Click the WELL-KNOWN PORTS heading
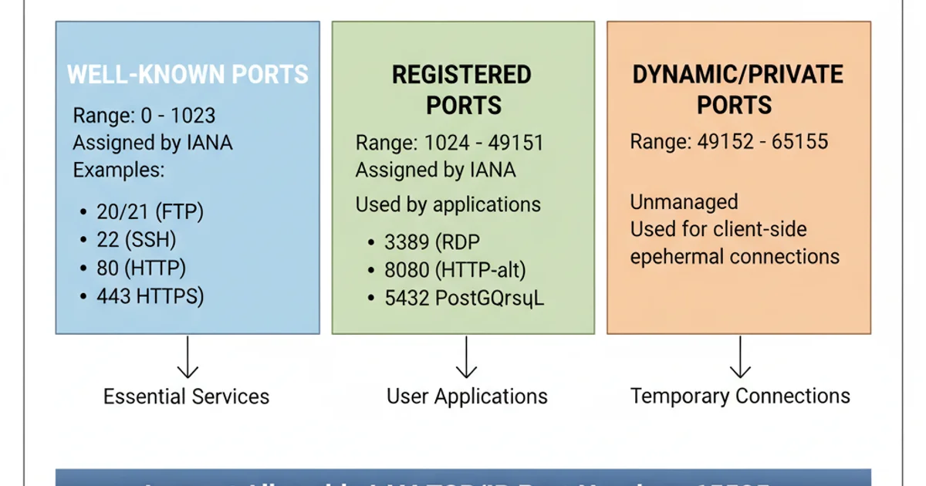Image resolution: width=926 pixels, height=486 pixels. (188, 75)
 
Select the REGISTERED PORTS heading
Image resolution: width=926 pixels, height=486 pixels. (463, 89)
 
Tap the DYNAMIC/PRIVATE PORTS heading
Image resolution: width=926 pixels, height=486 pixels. (738, 89)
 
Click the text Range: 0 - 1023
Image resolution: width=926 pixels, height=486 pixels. (144, 116)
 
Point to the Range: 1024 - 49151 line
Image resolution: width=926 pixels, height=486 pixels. (450, 143)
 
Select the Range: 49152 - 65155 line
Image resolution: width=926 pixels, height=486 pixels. (729, 142)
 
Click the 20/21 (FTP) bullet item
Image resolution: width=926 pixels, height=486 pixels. (150, 212)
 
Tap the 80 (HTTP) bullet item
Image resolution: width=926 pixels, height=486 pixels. (141, 268)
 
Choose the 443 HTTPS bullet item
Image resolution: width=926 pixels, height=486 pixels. (150, 296)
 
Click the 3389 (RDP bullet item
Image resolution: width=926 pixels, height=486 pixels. (432, 242)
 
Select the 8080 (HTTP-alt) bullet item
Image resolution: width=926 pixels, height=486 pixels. (455, 270)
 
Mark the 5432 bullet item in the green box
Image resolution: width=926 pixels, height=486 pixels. (464, 299)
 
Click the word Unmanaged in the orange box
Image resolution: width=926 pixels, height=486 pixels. (684, 202)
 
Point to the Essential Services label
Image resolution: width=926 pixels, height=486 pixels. (187, 397)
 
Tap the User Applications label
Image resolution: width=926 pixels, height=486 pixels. (467, 397)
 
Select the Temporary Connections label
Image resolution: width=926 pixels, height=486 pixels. (740, 397)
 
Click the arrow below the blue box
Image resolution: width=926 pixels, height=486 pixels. (188, 358)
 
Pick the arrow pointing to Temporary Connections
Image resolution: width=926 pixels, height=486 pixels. (740, 358)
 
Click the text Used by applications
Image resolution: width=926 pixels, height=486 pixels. (448, 204)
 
